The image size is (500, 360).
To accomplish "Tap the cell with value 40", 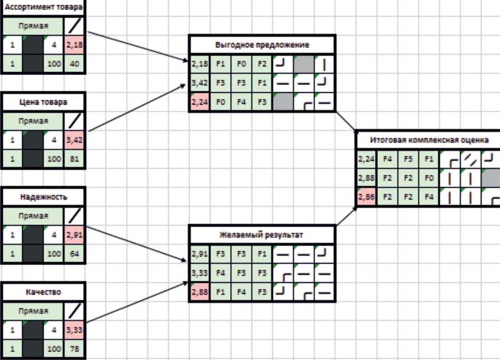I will click(74, 64).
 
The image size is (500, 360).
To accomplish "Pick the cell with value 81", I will click(74, 158).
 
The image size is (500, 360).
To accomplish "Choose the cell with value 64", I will click(74, 253).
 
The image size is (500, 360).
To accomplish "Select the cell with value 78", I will click(74, 348).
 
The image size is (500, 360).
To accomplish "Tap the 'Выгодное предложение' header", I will click(262, 45).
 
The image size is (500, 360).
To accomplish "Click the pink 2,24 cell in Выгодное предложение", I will click(199, 102).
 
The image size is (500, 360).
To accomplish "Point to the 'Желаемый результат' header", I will click(262, 235).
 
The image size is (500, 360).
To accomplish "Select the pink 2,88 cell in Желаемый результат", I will click(199, 291).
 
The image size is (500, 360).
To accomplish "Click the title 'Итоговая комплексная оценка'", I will click(428, 139).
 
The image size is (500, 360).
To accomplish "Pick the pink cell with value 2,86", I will click(366, 197).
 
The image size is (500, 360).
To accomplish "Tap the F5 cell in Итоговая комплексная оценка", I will click(408, 159).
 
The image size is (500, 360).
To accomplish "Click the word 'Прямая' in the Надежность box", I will click(32, 215).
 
